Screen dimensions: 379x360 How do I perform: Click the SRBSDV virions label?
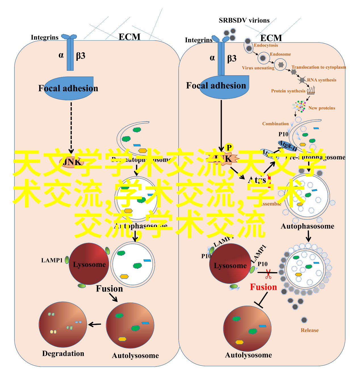click(x=244, y=20)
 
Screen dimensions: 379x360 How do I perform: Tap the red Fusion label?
click(x=263, y=287)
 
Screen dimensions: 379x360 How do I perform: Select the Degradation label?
click(x=63, y=353)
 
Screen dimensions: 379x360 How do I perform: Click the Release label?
click(x=309, y=330)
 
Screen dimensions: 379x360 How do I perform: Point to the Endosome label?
click(x=280, y=54)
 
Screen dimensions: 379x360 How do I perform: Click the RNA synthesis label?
click(x=321, y=80)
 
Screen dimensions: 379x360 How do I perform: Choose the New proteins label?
click(x=322, y=108)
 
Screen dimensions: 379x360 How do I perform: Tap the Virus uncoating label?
click(x=258, y=68)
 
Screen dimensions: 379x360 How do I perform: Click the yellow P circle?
click(x=229, y=147)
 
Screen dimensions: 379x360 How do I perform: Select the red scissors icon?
click(x=268, y=274)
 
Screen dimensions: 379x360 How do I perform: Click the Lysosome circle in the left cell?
click(x=89, y=264)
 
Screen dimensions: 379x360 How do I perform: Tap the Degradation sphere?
click(x=63, y=324)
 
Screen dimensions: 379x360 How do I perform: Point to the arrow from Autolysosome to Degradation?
click(x=95, y=324)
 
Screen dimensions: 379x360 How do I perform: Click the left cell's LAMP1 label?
click(x=52, y=260)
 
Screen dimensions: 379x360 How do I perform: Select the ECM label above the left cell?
click(x=129, y=37)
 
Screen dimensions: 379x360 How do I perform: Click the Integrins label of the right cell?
click(x=198, y=40)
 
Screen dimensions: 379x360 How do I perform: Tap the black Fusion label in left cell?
click(x=109, y=289)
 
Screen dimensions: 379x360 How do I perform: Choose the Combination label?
click(x=275, y=124)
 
